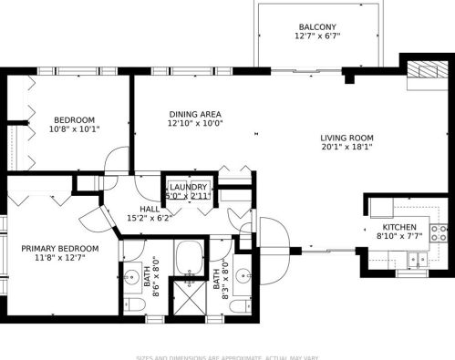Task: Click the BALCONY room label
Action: [317, 27]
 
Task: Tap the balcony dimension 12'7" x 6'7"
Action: [317, 37]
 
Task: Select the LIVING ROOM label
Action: [346, 139]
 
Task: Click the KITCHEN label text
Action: [398, 226]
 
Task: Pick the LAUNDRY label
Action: [188, 187]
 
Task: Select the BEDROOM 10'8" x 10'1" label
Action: [74, 124]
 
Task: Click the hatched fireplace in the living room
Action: [422, 70]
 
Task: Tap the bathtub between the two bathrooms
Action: [191, 259]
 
